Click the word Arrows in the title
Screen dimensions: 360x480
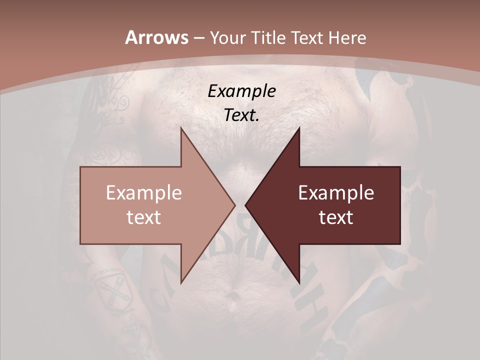tap(156, 37)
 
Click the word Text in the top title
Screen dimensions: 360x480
tap(306, 37)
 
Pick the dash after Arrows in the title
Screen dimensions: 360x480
tap(198, 38)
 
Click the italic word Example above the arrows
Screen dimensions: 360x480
tap(241, 91)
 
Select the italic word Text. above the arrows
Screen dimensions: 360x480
tap(241, 115)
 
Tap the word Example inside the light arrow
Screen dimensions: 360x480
tap(143, 192)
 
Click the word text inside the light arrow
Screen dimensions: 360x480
tap(143, 217)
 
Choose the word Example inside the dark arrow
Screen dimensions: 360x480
tap(336, 192)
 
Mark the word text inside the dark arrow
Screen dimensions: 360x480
tap(336, 217)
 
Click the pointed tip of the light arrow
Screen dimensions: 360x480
tap(235, 205)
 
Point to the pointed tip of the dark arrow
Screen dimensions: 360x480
tap(245, 205)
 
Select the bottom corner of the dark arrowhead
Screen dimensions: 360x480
tap(299, 283)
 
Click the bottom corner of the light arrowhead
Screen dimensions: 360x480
tap(181, 283)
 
